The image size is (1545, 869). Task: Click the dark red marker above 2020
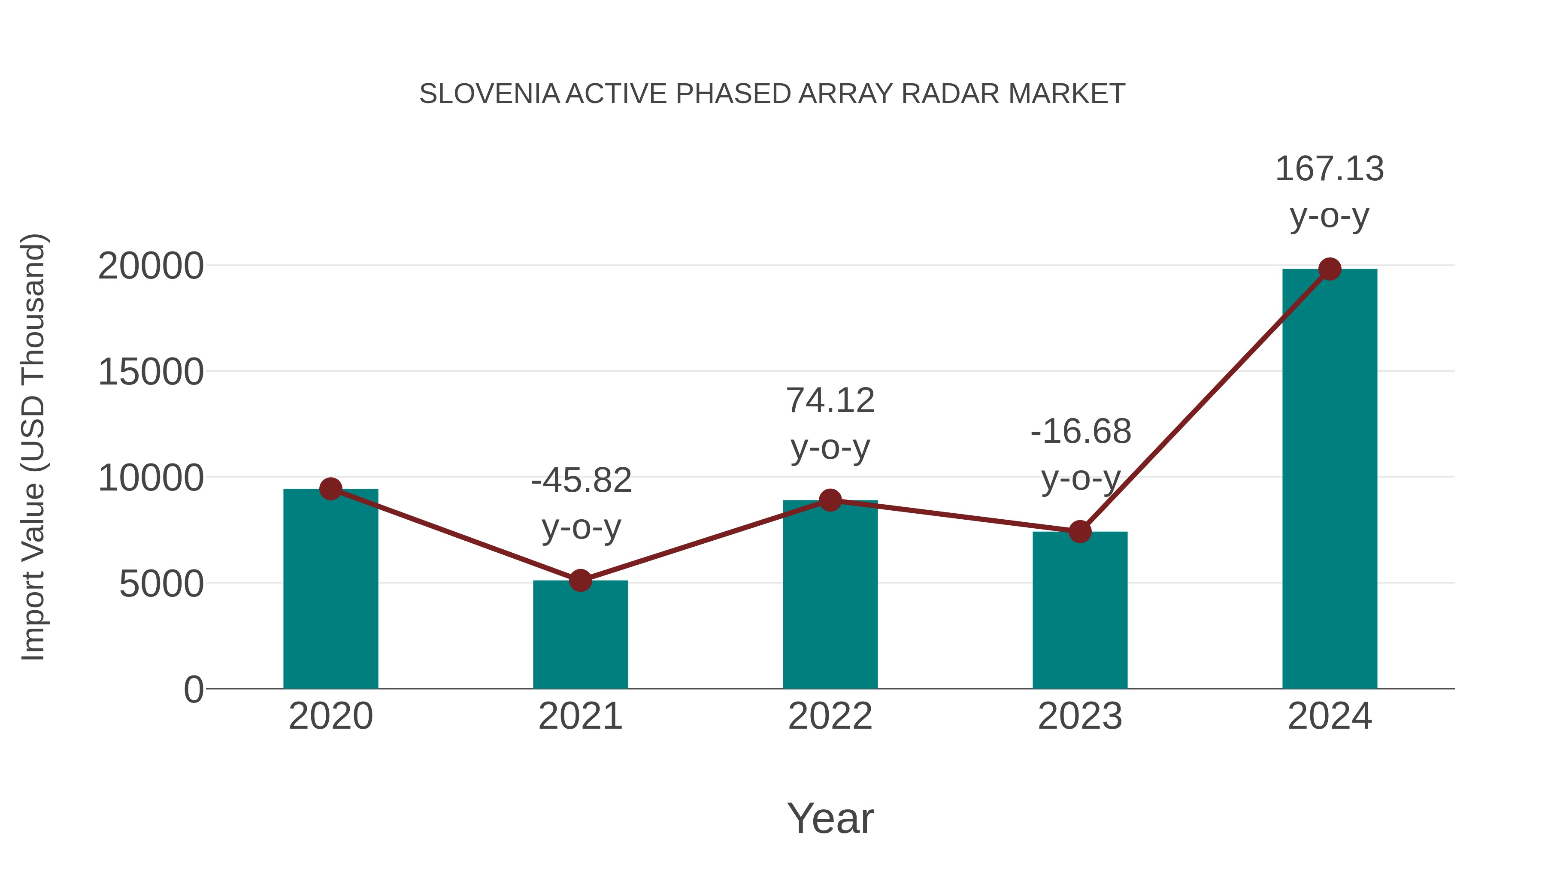(x=330, y=489)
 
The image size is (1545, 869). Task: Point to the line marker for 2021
(x=580, y=581)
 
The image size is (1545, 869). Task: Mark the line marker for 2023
(x=1080, y=531)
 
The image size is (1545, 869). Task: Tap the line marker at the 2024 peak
(x=1330, y=269)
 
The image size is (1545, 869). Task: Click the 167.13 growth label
(x=1329, y=169)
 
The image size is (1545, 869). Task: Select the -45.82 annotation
(x=581, y=481)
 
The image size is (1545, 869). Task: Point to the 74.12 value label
(x=830, y=401)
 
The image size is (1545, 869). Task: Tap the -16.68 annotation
(x=1081, y=432)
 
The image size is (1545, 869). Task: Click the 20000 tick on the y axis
(x=151, y=266)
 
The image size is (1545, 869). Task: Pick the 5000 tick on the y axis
(x=161, y=584)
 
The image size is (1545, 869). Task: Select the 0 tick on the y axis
(x=193, y=690)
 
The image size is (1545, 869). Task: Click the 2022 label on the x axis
(x=830, y=717)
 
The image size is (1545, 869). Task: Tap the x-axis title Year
(x=830, y=819)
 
